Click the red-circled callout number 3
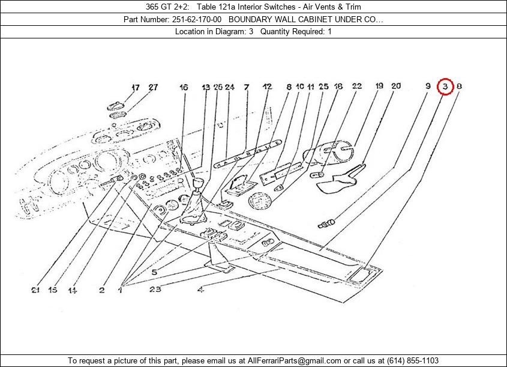(445, 86)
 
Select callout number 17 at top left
(136, 87)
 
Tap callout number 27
(154, 87)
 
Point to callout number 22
(357, 86)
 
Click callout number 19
(379, 86)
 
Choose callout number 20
(396, 86)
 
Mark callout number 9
(428, 86)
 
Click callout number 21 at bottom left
(36, 291)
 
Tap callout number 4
(200, 291)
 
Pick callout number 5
(154, 272)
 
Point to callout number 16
(184, 87)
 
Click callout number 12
(267, 87)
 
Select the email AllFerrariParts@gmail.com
(290, 360)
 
